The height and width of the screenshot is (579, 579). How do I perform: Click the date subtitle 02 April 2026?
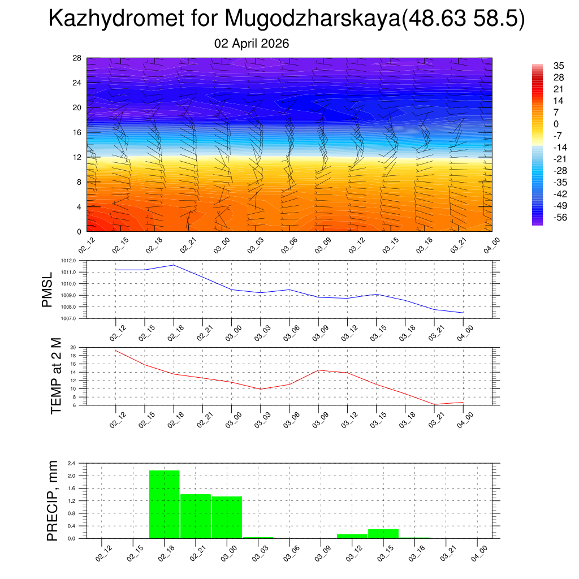coord(252,44)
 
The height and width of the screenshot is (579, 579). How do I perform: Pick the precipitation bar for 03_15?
coord(383,534)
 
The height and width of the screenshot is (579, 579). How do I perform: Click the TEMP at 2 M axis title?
coord(56,375)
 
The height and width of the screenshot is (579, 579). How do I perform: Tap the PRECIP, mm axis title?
coord(53,500)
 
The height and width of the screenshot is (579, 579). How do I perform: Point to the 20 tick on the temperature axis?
coord(73,347)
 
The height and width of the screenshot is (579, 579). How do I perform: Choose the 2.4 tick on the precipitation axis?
coord(72,463)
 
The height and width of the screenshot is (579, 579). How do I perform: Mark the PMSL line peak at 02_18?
coord(174,265)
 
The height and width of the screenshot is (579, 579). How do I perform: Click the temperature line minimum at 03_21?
coord(435,404)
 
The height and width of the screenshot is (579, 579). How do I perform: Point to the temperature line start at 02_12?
coord(115,351)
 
